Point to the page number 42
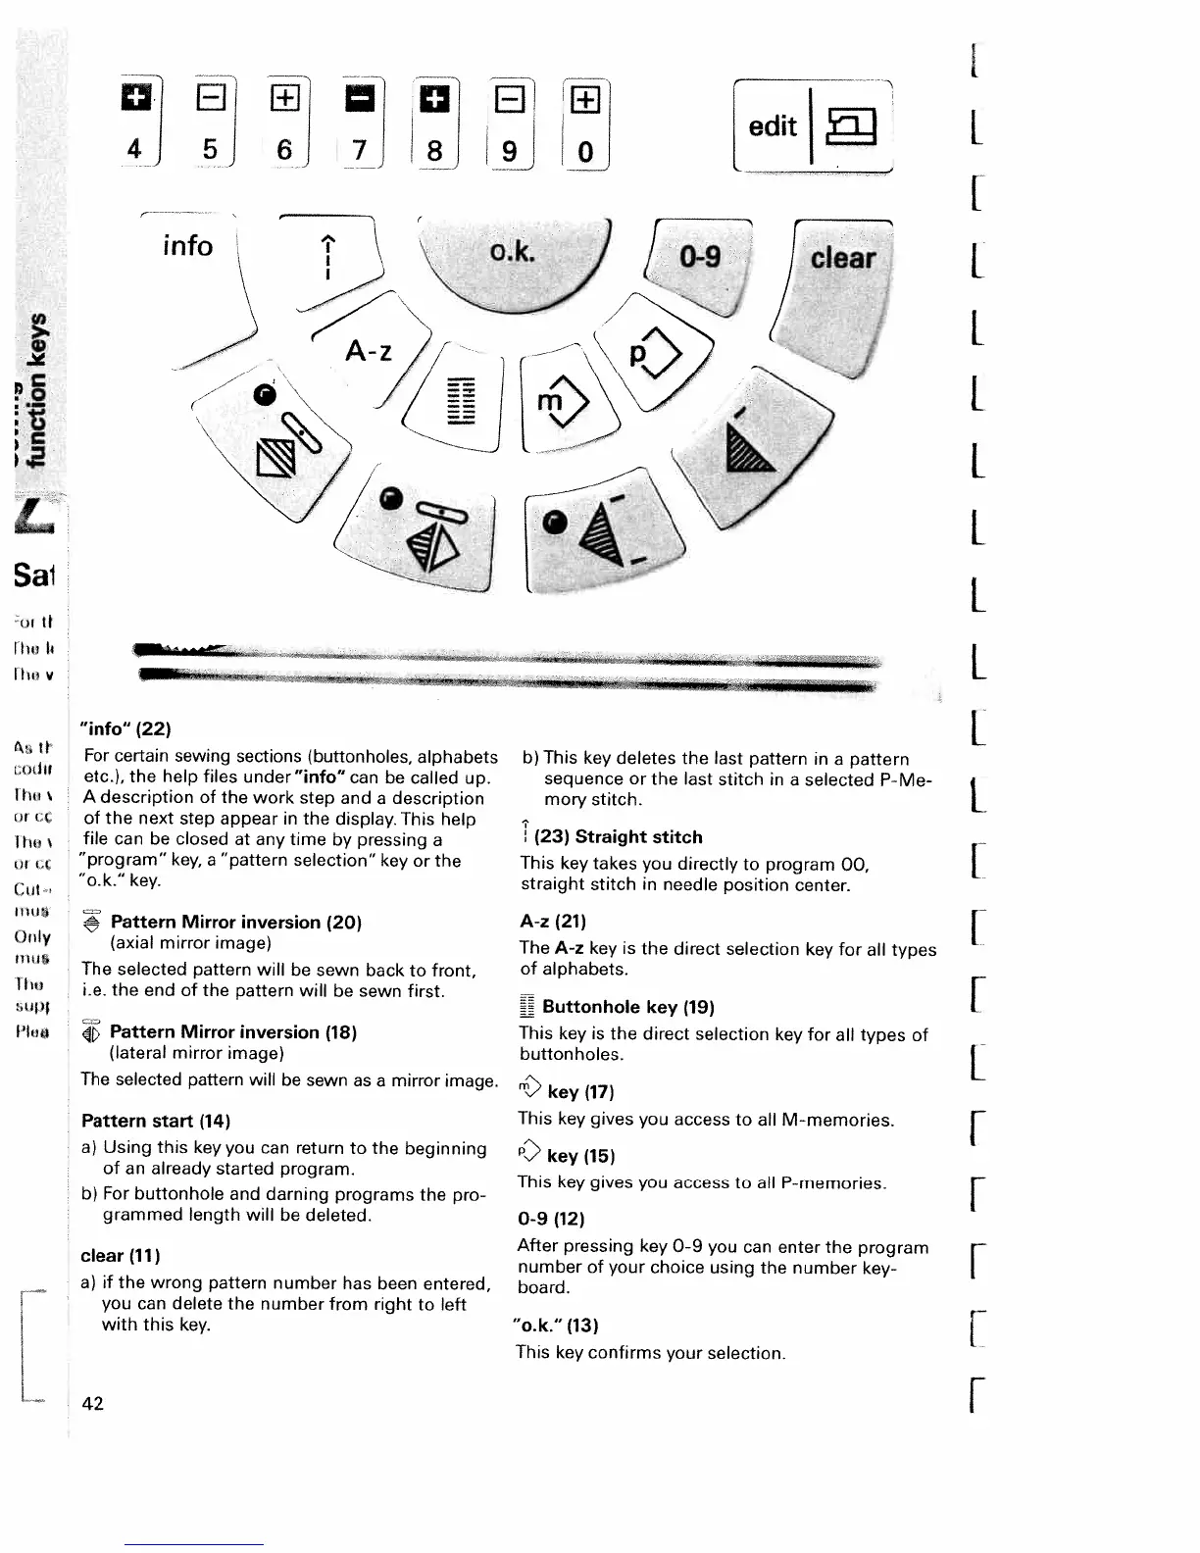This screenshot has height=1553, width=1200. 93,1403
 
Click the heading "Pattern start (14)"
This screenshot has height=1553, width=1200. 156,1120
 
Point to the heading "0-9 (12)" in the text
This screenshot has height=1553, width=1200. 551,1219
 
